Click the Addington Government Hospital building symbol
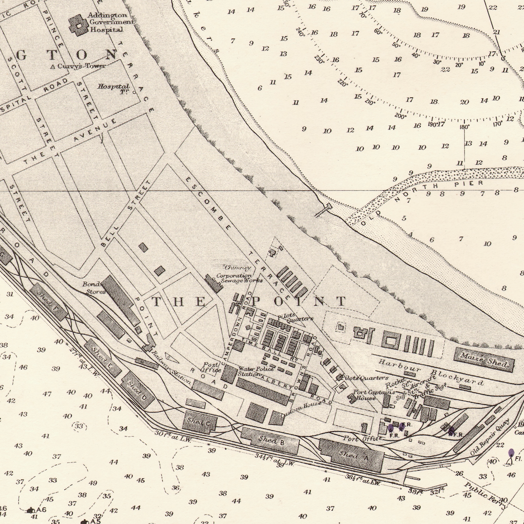click(79, 26)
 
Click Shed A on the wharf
click(352, 455)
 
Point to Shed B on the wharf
click(270, 440)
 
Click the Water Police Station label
click(256, 371)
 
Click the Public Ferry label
click(485, 495)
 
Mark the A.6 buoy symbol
click(31, 510)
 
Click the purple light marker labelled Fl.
click(511, 454)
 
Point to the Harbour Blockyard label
click(431, 372)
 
